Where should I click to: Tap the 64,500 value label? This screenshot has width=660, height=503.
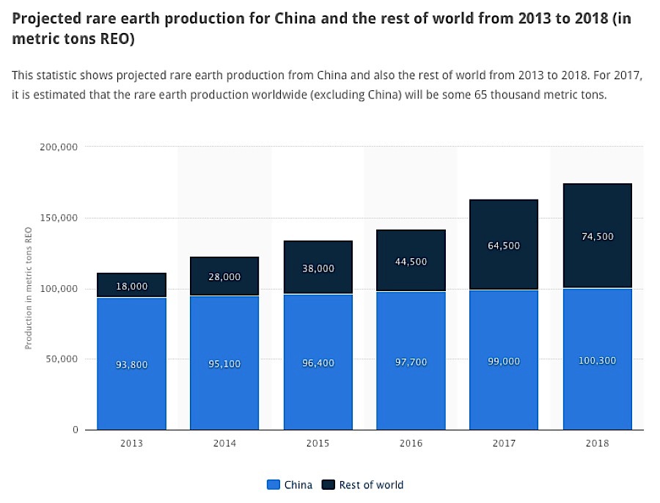(504, 246)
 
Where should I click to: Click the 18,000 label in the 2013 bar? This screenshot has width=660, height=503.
(132, 287)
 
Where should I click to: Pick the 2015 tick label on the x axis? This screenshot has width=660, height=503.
(318, 443)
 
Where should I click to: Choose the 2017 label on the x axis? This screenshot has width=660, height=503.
(504, 443)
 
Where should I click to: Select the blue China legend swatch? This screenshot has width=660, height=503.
(274, 485)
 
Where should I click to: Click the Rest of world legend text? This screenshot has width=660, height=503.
(371, 485)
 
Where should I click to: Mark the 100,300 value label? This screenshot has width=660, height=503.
(597, 361)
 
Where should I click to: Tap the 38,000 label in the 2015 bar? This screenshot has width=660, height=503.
(318, 268)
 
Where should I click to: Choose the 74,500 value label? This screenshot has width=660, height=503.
(597, 237)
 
